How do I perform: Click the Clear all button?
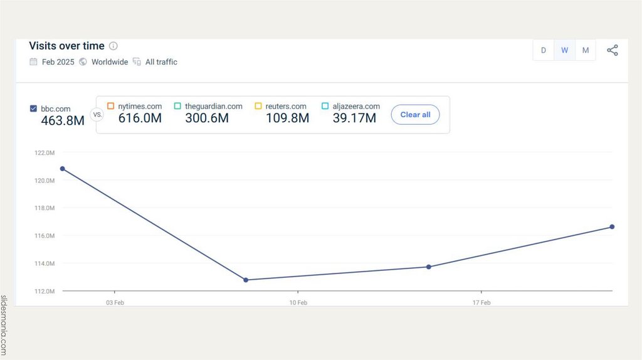click(x=415, y=115)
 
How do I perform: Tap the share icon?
click(x=613, y=51)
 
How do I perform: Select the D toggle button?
click(x=544, y=51)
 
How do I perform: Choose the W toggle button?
click(x=564, y=51)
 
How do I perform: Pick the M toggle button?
click(x=586, y=51)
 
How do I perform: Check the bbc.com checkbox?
click(x=33, y=109)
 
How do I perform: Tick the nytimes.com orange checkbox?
click(x=111, y=106)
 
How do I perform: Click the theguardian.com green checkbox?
click(x=177, y=106)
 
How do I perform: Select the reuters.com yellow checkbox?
click(x=258, y=106)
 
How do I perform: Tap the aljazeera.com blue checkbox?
click(x=325, y=106)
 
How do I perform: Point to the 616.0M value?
click(x=140, y=118)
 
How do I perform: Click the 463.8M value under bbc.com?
click(x=63, y=120)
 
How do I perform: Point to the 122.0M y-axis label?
click(x=45, y=152)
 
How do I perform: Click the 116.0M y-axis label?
click(x=45, y=236)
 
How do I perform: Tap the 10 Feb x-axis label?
click(x=298, y=302)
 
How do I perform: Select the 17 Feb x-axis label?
click(x=481, y=302)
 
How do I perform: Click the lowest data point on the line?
click(x=246, y=280)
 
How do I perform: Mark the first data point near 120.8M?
click(x=62, y=169)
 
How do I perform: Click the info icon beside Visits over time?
click(x=113, y=46)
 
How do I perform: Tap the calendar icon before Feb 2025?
click(x=33, y=62)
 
